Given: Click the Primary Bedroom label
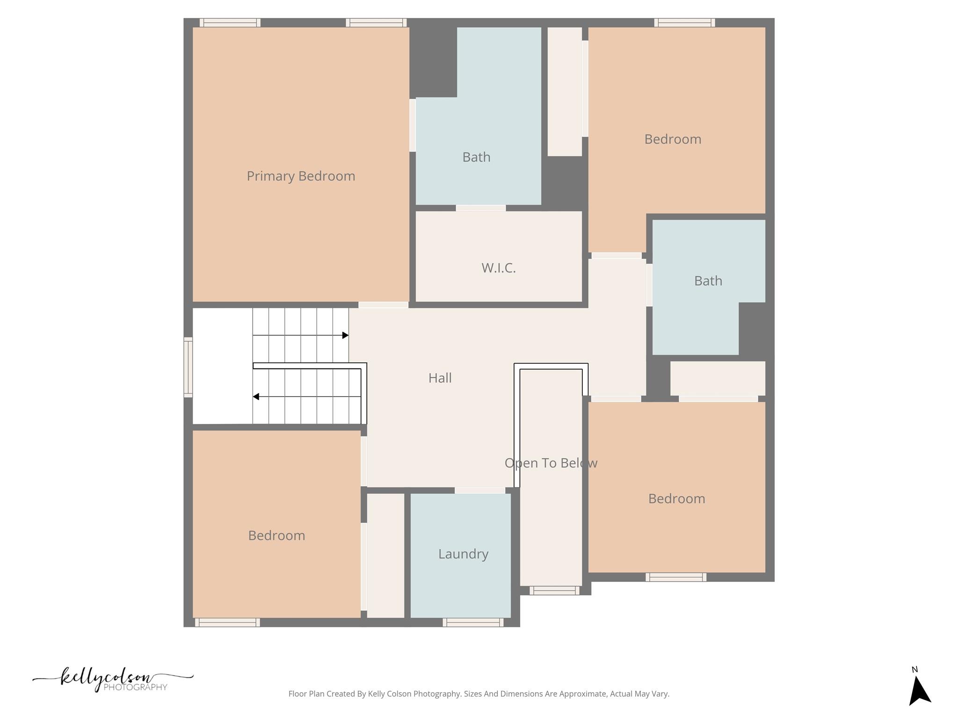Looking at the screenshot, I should tap(301, 176).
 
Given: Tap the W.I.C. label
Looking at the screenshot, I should tap(498, 268).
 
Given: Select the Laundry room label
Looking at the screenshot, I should tap(463, 554).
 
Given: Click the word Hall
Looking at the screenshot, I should tap(440, 378).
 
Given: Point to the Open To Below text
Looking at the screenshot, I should tap(551, 463).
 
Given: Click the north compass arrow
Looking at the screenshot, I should tap(919, 690).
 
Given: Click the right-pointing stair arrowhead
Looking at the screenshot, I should tap(345, 335).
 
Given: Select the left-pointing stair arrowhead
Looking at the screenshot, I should tap(256, 396).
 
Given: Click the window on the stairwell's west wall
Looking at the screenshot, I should tap(188, 367).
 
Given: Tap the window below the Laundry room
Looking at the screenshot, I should tap(473, 622).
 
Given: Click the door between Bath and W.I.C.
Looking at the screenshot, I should tap(480, 208).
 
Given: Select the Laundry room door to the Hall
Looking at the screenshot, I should tap(479, 490).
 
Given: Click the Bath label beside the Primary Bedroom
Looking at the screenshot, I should tap(476, 157).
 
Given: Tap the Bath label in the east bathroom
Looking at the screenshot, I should tap(708, 281).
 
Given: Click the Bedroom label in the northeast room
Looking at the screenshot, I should tap(672, 139).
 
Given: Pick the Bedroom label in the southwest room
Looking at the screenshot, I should tap(276, 535).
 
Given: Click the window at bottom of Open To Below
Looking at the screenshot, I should tap(554, 590).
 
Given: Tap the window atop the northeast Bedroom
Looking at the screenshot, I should tap(684, 22).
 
